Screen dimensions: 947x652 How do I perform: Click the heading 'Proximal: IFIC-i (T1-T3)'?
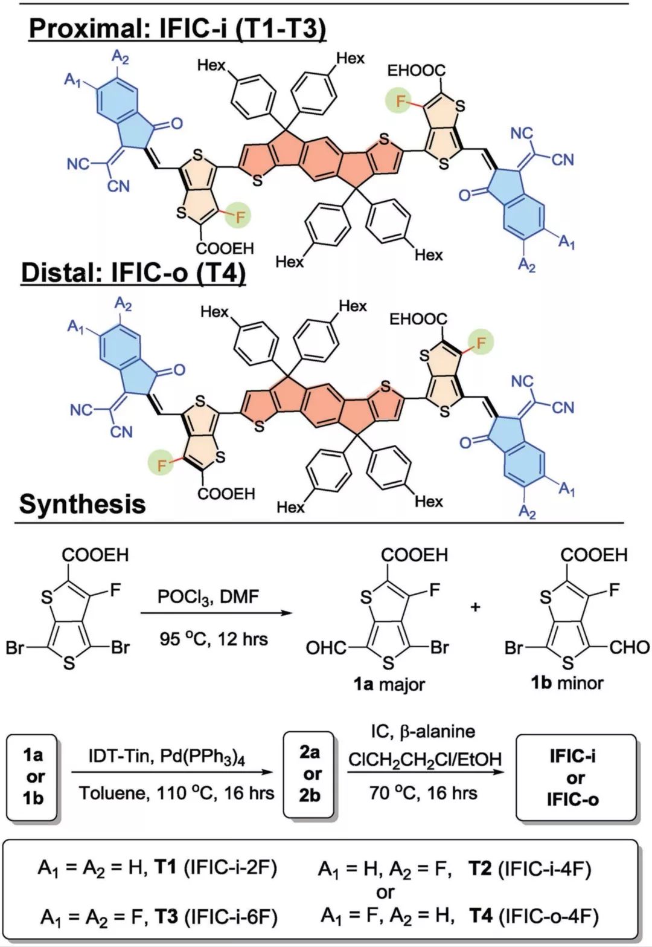pyautogui.click(x=177, y=28)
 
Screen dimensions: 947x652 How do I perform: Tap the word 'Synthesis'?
pyautogui.click(x=82, y=503)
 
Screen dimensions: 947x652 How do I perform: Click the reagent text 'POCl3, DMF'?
pyautogui.click(x=208, y=598)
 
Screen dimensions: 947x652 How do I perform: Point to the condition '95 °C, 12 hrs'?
pyautogui.click(x=214, y=638)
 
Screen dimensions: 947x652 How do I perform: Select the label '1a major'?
pyautogui.click(x=389, y=685)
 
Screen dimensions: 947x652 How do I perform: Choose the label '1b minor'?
pyautogui.click(x=567, y=684)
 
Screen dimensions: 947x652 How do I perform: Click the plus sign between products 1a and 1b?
pyautogui.click(x=476, y=607)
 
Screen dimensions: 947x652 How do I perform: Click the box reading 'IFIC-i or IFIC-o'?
pyautogui.click(x=574, y=778)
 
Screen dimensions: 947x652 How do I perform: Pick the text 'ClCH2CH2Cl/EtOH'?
pyautogui.click(x=424, y=759)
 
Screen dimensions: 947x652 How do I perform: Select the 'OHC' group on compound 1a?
pyautogui.click(x=325, y=648)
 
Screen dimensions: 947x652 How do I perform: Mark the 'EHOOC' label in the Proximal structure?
pyautogui.click(x=417, y=71)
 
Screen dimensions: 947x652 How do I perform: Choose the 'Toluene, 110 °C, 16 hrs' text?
pyautogui.click(x=176, y=793)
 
